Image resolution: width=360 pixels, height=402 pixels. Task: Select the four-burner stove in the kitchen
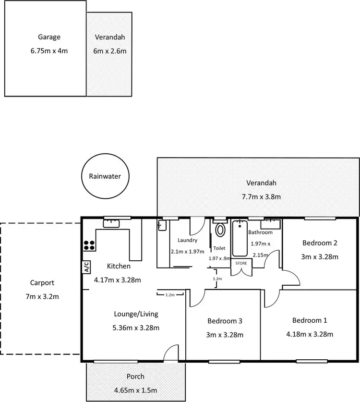coord(89,245)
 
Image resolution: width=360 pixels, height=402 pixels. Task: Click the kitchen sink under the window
coord(111,222)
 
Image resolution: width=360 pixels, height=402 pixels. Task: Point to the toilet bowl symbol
coord(220,230)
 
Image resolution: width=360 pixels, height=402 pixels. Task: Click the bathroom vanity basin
coord(270,224)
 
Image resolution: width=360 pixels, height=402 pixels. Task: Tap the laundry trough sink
coord(162,226)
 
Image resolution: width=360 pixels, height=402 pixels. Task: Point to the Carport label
coord(42,283)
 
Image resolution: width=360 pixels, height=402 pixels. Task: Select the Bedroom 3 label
coord(224,321)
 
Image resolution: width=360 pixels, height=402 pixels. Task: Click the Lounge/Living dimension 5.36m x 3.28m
coord(135,328)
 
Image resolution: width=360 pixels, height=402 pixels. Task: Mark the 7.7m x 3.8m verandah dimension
coord(261,196)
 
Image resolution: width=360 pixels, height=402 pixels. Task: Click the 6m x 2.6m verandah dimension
coord(110,50)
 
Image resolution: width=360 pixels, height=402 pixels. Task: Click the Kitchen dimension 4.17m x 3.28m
coord(119,279)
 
